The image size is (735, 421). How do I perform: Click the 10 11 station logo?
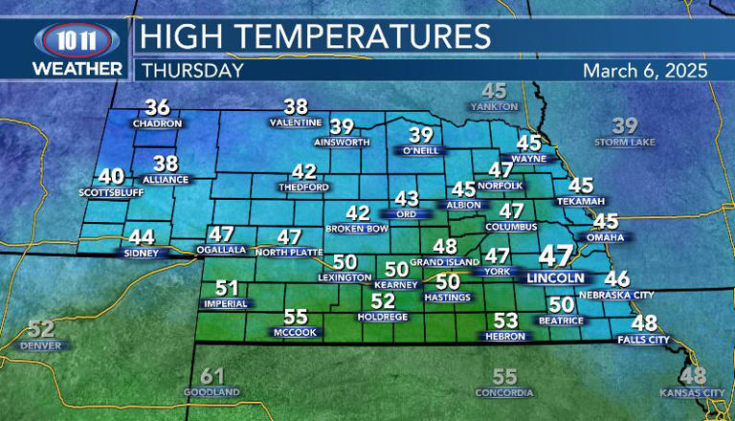point(77,42)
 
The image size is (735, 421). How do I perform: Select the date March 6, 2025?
point(644,70)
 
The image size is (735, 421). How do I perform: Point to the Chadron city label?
point(157,123)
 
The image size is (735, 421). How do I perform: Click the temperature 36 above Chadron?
point(157,107)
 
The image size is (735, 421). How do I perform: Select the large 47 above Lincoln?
point(554,256)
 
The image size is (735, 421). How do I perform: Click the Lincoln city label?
point(554,277)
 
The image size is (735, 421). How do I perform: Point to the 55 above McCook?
point(296,317)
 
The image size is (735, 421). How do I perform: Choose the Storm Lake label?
point(625,143)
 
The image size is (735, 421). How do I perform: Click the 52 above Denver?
point(40,328)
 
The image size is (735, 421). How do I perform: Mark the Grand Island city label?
point(444,261)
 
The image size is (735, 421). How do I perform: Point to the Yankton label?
point(494,106)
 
